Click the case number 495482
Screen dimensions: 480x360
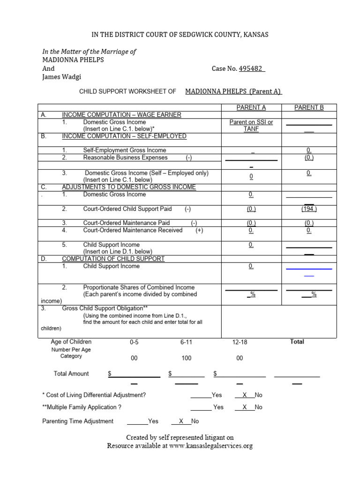tap(251, 68)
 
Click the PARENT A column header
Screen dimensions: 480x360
tap(251, 107)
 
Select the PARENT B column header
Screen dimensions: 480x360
tap(309, 107)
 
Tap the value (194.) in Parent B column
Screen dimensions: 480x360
tap(309, 209)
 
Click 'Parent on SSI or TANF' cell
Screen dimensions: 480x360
tap(251, 126)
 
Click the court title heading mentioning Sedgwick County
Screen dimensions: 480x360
tap(180, 35)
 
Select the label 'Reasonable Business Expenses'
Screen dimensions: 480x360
tap(125, 157)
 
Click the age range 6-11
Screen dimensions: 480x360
tap(187, 342)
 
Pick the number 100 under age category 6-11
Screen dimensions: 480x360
tap(187, 358)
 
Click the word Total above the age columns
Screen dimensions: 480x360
tap(297, 342)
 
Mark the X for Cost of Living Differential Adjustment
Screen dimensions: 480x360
tap(244, 395)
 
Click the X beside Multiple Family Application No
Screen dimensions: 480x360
tap(244, 407)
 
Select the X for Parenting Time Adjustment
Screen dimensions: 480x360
tap(181, 421)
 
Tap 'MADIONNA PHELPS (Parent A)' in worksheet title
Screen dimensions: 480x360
tap(233, 91)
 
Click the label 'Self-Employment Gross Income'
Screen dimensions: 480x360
tap(124, 150)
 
